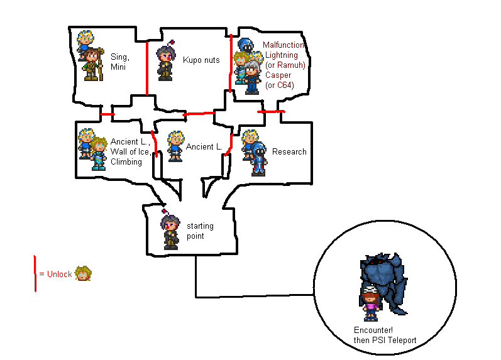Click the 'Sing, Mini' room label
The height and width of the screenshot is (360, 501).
point(120,61)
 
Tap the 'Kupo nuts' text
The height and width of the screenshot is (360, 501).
point(201,60)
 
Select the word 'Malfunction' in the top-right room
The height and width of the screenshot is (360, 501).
point(284,45)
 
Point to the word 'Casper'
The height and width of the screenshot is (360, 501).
point(277,75)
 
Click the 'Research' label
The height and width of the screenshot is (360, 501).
point(289,151)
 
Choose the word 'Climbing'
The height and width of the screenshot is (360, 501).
point(126,162)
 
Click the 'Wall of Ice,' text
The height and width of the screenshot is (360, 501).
point(129,152)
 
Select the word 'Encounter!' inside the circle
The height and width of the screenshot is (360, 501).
point(373,331)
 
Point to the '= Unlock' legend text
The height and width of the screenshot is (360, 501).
point(55,275)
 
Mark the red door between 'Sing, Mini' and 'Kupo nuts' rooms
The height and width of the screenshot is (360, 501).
point(146,68)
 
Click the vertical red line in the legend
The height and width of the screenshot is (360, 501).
point(35,274)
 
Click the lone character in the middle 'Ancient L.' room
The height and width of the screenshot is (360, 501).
point(175,146)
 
